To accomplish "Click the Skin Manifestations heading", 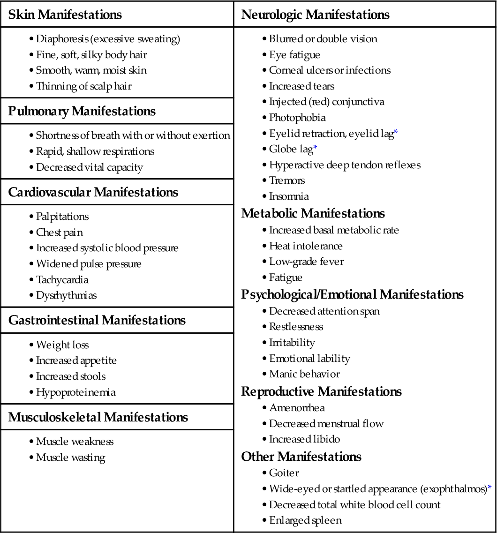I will (65, 15).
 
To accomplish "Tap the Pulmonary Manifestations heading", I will (82, 112).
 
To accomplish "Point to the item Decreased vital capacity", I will (89, 167).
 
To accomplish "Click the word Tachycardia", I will (62, 280).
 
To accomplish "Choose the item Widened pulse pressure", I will (89, 264).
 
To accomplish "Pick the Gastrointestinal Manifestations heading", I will (97, 321).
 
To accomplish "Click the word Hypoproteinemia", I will (75, 392).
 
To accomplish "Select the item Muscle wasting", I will (70, 458).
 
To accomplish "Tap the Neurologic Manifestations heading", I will (315, 15).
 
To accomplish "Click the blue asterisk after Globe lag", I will (315, 148).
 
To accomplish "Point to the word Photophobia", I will (297, 118).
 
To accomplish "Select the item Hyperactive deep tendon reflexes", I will (345, 165).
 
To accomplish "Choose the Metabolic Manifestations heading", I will (313, 214).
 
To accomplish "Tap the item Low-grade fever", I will (306, 262).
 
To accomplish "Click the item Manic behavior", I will (304, 374).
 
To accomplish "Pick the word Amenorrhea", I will (297, 408).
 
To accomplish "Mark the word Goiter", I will (284, 473).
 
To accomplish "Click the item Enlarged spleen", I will (305, 520).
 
